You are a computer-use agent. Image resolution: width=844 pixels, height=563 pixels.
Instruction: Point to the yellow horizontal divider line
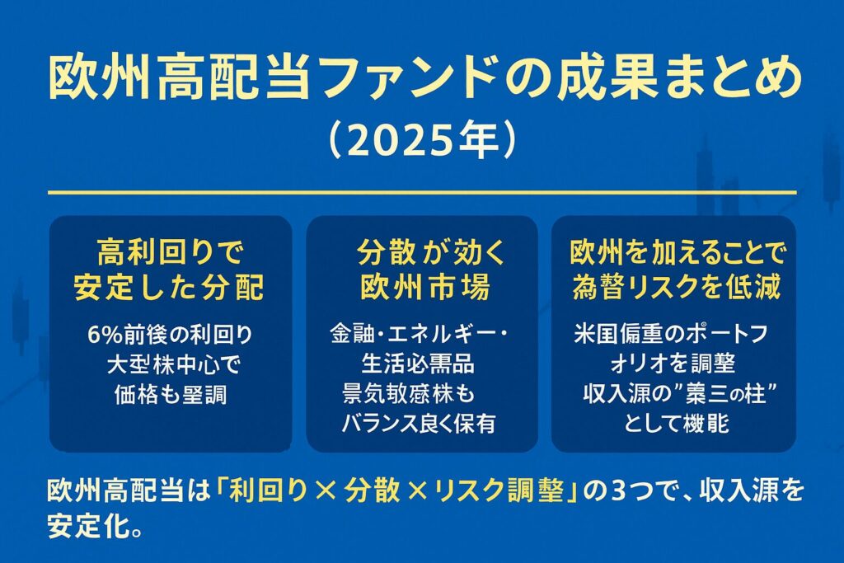[422, 193]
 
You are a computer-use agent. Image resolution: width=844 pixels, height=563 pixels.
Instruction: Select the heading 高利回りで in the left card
[171, 249]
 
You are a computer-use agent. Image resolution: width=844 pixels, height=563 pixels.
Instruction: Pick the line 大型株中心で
[171, 364]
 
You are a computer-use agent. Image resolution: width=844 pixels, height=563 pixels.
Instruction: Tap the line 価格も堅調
[171, 394]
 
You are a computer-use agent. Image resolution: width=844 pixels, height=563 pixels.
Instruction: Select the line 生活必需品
[417, 364]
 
